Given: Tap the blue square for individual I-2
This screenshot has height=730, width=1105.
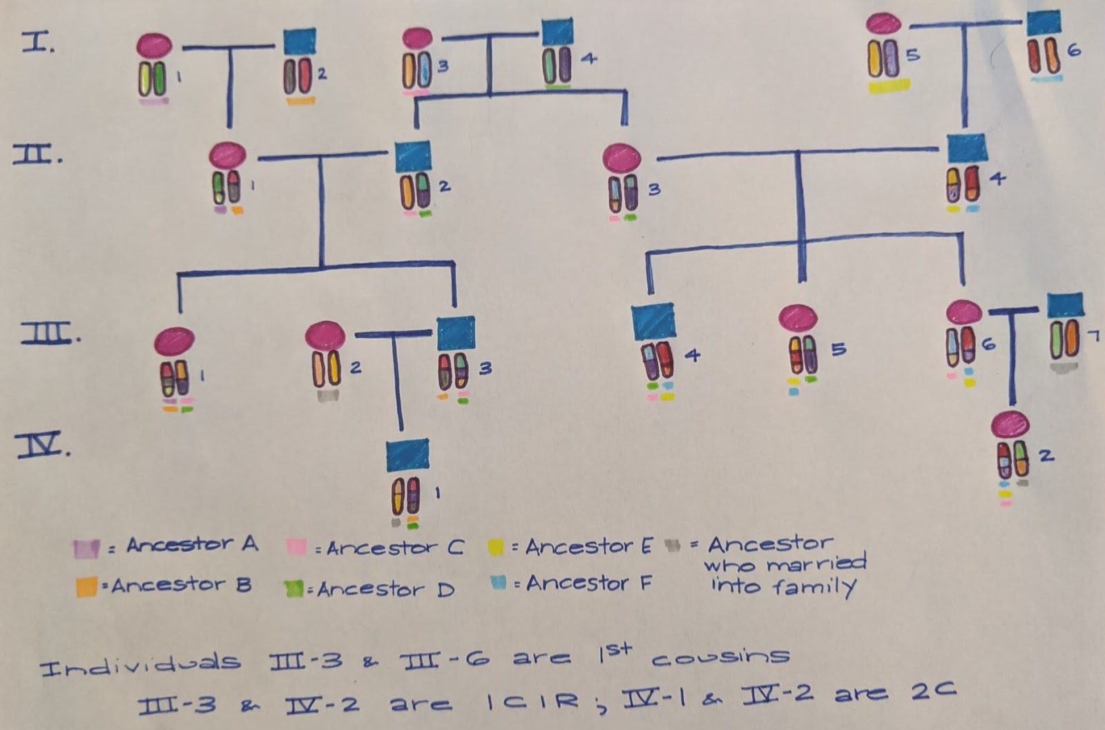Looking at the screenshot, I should tap(300, 42).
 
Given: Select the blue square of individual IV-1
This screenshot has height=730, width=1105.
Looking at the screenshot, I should tap(407, 455).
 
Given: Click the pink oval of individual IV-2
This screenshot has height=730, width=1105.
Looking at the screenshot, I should tap(1010, 424).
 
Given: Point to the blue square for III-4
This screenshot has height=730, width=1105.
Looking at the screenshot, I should tap(653, 321).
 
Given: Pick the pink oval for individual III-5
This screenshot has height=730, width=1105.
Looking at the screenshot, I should tap(798, 318).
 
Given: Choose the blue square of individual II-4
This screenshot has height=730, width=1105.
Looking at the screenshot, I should tap(967, 148).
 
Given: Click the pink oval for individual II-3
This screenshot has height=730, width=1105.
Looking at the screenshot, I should tap(622, 158).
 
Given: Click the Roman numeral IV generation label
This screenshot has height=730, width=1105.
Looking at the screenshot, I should tap(44, 445).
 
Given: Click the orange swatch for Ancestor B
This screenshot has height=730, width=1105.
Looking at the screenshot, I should tap(86, 587).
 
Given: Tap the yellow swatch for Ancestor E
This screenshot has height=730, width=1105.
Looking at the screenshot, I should tap(494, 548).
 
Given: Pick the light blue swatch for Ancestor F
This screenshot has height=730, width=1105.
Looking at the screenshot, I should tap(498, 584).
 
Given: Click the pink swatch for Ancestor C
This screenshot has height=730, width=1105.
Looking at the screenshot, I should tap(296, 548).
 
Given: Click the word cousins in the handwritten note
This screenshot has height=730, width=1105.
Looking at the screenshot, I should tap(720, 656).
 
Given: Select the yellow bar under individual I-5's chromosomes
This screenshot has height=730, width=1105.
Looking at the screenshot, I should tap(889, 86).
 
